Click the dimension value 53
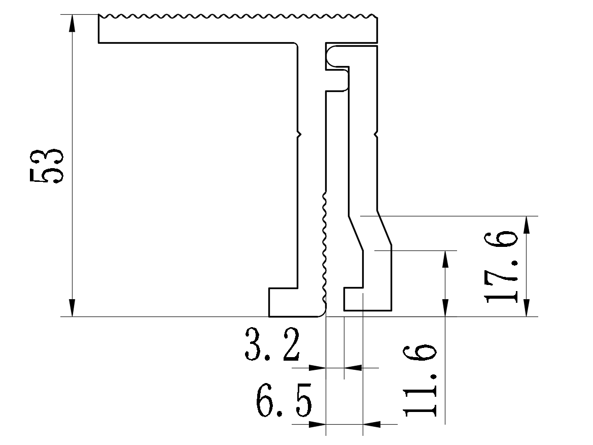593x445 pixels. [x=46, y=166]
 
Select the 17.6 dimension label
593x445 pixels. [x=502, y=268]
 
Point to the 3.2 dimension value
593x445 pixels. [x=271, y=344]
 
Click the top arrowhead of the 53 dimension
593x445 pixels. [x=72, y=22]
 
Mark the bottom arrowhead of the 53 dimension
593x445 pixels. [x=72, y=309]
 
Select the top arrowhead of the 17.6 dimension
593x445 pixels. [x=528, y=224]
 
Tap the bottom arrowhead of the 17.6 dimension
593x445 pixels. [x=528, y=309]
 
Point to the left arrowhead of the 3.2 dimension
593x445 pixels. [x=318, y=367]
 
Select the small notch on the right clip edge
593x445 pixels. [x=376, y=135]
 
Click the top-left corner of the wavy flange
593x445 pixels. [x=99, y=16]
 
